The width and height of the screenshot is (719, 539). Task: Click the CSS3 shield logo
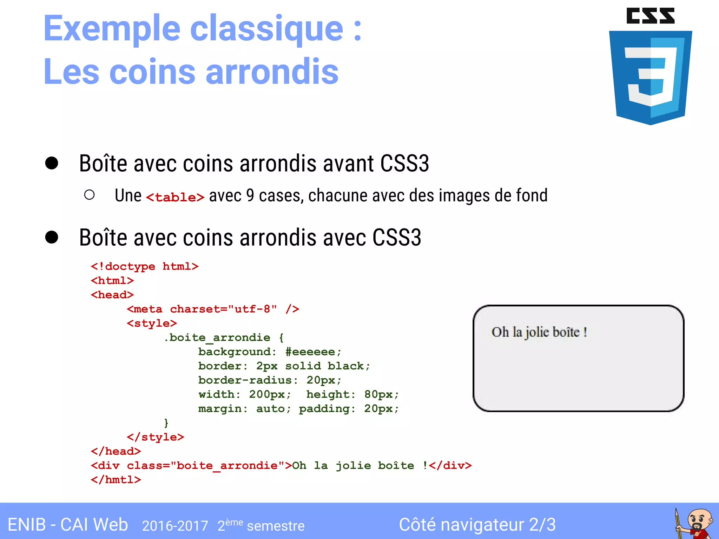coord(651,67)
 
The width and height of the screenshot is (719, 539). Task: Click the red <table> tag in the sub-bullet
coord(175,197)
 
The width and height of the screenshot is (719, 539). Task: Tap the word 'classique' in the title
coord(266,29)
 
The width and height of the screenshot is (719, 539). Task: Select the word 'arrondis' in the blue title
coord(272,72)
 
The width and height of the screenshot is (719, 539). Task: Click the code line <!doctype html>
coord(145,267)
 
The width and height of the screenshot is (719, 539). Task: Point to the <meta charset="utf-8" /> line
coord(213,309)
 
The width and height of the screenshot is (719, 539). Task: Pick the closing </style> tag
coord(155,437)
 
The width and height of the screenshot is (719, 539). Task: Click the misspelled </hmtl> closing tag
coord(116,480)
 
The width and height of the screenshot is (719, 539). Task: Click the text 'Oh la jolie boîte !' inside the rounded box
coord(539,332)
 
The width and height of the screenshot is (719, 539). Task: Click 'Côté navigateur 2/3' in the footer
coord(477,525)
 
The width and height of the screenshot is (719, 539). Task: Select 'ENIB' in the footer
coord(27,525)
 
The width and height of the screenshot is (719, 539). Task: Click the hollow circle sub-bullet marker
coord(90,195)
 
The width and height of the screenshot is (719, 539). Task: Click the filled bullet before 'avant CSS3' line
coord(52,163)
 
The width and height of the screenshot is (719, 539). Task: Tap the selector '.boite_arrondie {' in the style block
coord(224,338)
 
